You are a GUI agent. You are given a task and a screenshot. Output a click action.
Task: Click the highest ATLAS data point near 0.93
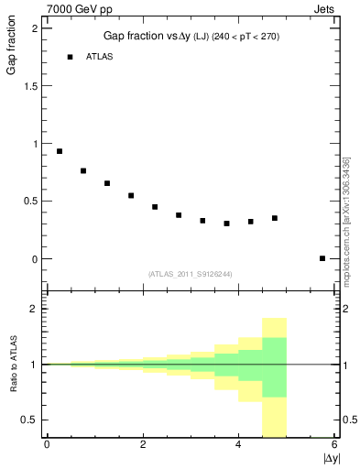[60, 151]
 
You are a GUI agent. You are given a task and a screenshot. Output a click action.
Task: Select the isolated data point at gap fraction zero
[322, 258]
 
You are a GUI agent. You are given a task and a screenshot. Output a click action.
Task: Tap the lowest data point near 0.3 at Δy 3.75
[226, 224]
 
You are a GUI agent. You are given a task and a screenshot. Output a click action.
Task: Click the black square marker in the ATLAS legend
[69, 57]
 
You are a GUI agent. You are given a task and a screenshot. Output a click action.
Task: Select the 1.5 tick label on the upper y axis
[34, 85]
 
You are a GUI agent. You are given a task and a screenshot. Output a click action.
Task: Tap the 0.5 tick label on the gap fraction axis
[34, 202]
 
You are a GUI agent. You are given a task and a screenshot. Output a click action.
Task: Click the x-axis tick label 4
[238, 445]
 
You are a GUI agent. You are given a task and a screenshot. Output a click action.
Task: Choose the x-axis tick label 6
[334, 445]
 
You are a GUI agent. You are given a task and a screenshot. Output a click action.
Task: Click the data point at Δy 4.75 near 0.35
[274, 218]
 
